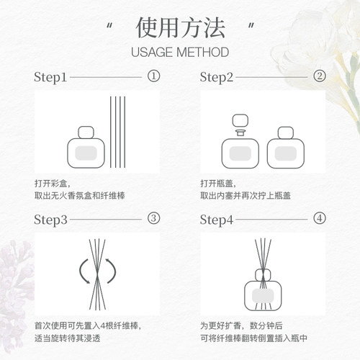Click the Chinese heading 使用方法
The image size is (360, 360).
coord(180,30)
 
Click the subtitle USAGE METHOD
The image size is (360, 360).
coord(180,53)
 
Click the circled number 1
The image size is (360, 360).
coord(153,76)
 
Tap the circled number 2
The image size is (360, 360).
coord(319,76)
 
